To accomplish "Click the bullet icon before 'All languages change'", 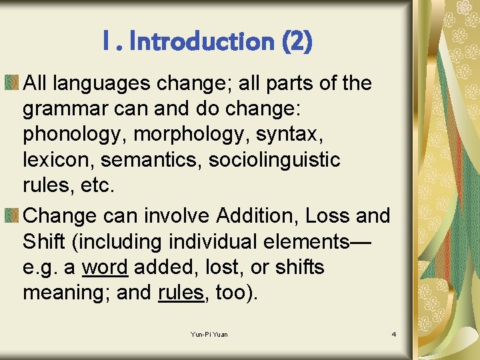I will tap(13, 83).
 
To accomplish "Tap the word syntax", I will tap(288, 134).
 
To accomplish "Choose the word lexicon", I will tap(53, 160).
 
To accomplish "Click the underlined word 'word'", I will tap(105, 267).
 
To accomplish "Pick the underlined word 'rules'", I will tap(181, 293).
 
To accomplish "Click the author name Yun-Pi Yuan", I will tap(209, 334).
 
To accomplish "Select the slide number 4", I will tap(393, 334).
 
